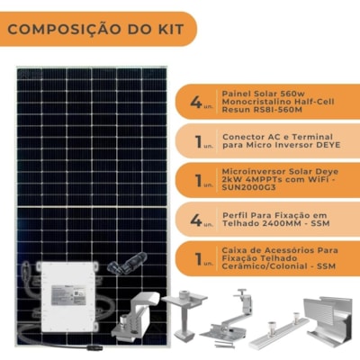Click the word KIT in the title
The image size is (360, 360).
tap(170, 30)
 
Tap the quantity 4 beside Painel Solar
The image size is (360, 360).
tap(196, 102)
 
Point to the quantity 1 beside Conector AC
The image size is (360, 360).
tap(198, 141)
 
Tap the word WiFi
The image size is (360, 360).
tap(318, 180)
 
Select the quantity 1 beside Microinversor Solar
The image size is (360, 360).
tap(198, 180)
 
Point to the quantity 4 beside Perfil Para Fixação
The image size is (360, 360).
tap(196, 220)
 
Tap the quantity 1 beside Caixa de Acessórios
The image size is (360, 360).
tap(198, 258)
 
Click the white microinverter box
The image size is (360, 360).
tap(69, 297)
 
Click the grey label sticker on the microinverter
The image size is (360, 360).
tap(68, 295)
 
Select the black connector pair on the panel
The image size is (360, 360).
tap(128, 263)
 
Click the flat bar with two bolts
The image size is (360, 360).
tap(279, 332)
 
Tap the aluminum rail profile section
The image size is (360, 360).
tap(329, 318)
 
